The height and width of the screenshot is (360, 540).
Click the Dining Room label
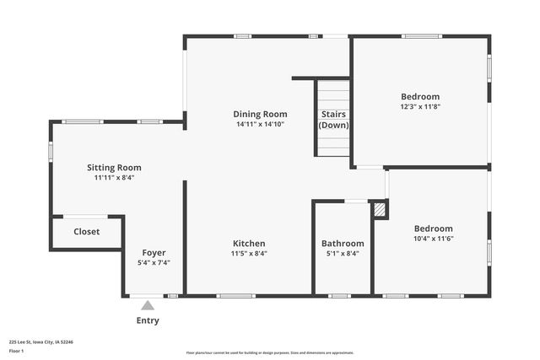(x=260, y=114)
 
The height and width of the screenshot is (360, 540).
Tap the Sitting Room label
(x=114, y=168)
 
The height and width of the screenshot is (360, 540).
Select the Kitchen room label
(x=249, y=244)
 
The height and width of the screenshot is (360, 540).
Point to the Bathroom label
(x=343, y=244)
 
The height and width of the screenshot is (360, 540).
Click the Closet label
(x=86, y=232)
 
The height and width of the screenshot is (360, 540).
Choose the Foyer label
(x=154, y=253)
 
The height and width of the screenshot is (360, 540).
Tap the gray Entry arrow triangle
(x=148, y=305)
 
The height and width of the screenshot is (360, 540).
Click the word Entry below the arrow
(x=148, y=320)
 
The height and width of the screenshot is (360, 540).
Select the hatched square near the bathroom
(x=380, y=208)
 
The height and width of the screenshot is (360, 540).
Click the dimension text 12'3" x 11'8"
(x=420, y=107)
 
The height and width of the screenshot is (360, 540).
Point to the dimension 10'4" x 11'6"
(x=433, y=239)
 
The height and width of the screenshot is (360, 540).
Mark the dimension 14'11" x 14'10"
(x=260, y=124)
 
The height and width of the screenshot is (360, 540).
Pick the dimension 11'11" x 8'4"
(x=114, y=178)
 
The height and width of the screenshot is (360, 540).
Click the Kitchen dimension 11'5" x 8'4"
(x=249, y=254)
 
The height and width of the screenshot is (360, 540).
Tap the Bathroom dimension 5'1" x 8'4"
(x=343, y=254)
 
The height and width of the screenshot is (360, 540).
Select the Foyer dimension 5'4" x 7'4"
(x=154, y=263)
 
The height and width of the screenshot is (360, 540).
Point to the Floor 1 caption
(x=17, y=350)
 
